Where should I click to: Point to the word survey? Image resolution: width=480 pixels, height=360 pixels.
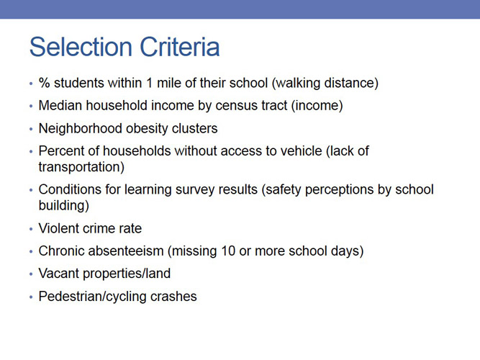[x=204, y=189]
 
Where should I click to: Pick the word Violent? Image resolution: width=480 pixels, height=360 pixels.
[x=58, y=228]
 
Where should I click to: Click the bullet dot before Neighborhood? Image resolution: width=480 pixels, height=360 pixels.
[x=31, y=130]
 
